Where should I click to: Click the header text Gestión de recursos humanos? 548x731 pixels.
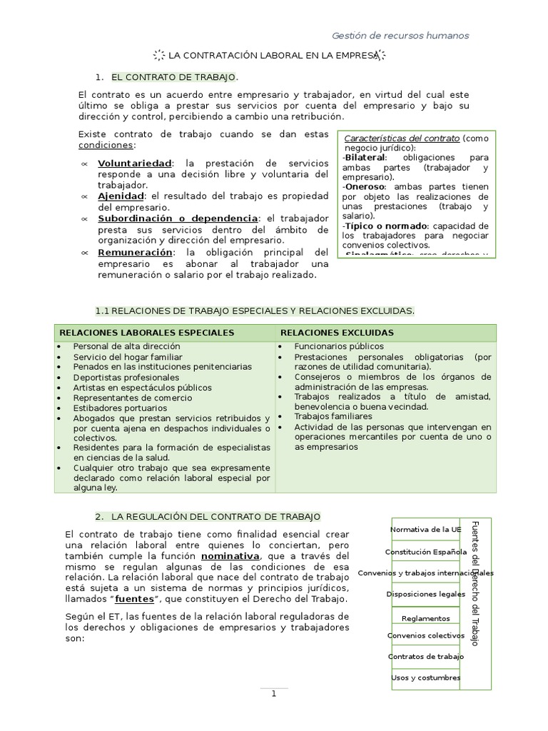[x=401, y=36]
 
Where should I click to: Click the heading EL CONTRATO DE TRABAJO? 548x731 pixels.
[x=175, y=77]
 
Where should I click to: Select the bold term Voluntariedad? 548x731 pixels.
[x=134, y=163]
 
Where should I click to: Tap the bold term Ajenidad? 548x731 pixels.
[x=121, y=196]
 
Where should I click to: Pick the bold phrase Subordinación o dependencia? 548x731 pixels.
[x=178, y=218]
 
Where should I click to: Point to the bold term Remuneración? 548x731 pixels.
[x=135, y=252]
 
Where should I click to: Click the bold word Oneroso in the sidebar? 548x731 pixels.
[x=365, y=186]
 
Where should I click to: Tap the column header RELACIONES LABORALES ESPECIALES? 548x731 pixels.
[x=146, y=333]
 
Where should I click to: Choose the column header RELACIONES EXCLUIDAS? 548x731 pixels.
[x=337, y=333]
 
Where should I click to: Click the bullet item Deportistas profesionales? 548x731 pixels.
[x=126, y=377]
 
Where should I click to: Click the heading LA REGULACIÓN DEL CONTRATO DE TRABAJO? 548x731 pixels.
[x=216, y=516]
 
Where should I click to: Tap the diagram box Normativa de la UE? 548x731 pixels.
[x=425, y=529]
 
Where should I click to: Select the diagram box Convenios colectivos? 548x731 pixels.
[x=425, y=635]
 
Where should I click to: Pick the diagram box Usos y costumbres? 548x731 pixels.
[x=425, y=677]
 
